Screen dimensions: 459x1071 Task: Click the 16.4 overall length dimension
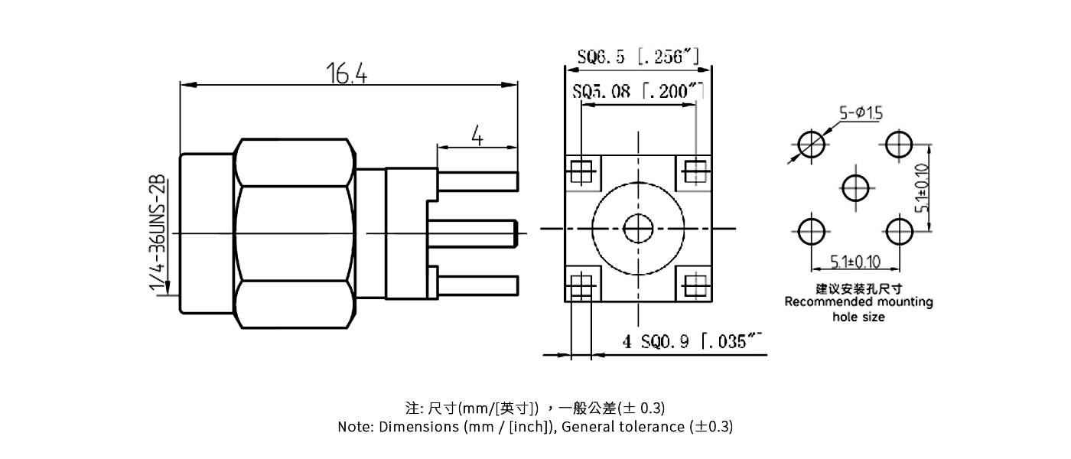pyautogui.click(x=347, y=74)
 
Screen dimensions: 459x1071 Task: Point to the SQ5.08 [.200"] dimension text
pyautogui.click(x=638, y=92)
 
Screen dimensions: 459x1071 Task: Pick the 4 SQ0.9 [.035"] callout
pyautogui.click(x=693, y=342)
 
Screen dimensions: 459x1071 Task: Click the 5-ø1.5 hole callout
pyautogui.click(x=861, y=113)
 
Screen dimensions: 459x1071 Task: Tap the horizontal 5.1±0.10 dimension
pyautogui.click(x=855, y=262)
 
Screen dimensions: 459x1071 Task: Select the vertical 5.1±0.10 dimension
pyautogui.click(x=923, y=187)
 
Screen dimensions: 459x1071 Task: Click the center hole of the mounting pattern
pyautogui.click(x=855, y=186)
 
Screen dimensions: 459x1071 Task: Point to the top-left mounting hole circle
pyautogui.click(x=812, y=143)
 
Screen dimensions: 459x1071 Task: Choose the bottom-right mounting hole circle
pyautogui.click(x=899, y=230)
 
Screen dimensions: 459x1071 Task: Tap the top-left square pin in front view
pyautogui.click(x=582, y=170)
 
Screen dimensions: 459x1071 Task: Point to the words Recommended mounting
pyautogui.click(x=858, y=302)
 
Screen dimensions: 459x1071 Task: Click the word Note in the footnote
pyautogui.click(x=354, y=427)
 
